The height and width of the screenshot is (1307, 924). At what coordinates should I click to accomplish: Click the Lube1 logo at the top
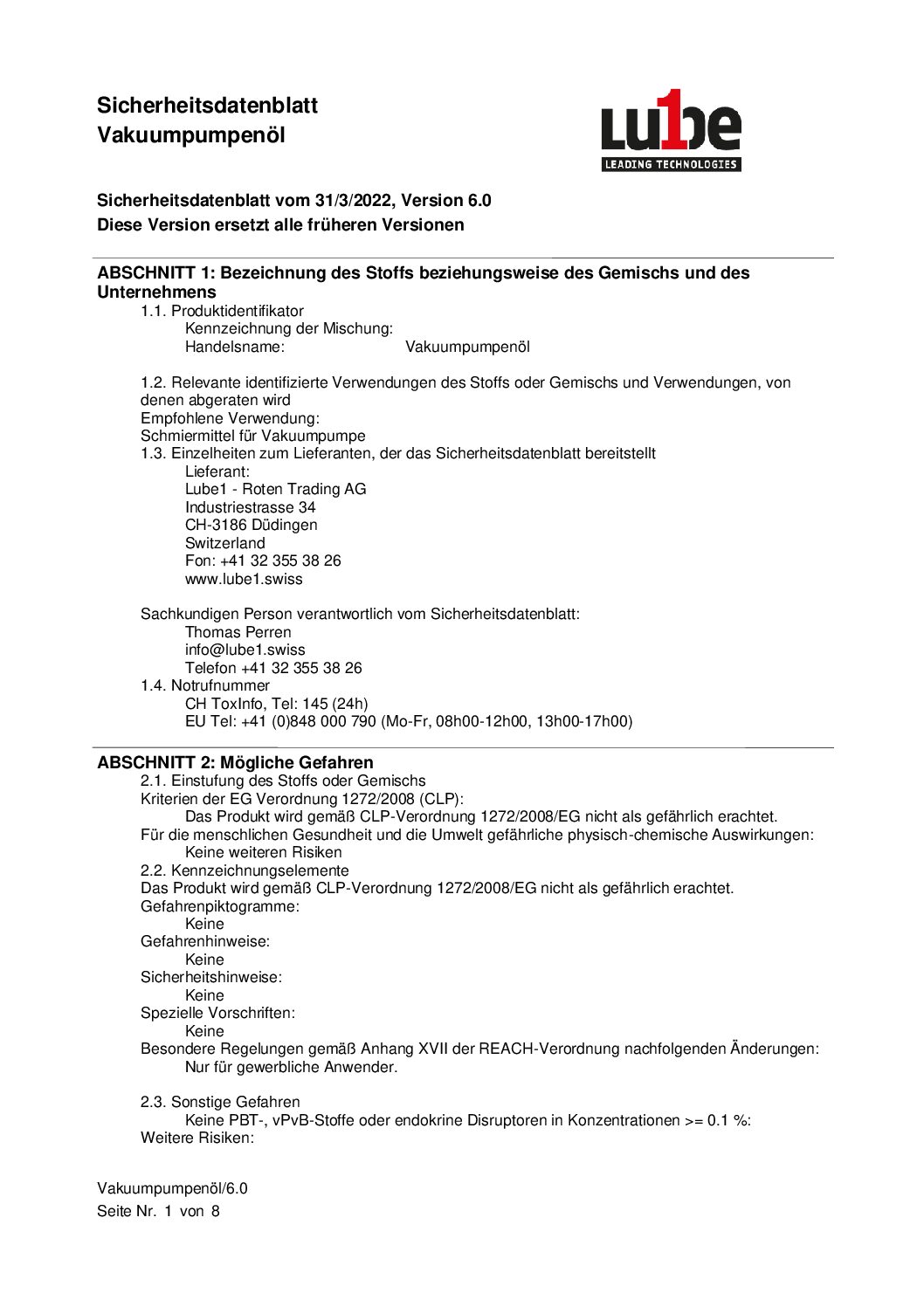[x=671, y=131]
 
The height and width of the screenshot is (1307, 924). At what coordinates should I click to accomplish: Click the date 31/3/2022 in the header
[x=354, y=201]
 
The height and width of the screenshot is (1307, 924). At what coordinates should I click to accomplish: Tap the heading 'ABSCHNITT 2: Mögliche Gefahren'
[x=235, y=762]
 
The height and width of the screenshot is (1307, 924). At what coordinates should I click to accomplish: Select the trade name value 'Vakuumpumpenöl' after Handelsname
[x=467, y=347]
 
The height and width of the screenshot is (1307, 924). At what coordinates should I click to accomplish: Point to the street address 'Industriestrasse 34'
[x=250, y=507]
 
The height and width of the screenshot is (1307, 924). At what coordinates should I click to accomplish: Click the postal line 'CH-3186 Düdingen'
[x=251, y=525]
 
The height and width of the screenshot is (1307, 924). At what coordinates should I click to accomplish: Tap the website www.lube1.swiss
[x=244, y=579]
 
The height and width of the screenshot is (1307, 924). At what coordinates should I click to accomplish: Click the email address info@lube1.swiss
[x=245, y=650]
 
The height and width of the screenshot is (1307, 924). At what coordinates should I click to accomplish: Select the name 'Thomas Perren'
[x=238, y=632]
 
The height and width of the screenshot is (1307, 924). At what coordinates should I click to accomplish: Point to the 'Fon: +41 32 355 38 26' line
[x=263, y=561]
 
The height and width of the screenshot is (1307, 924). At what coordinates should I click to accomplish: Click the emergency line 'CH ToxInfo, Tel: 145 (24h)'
[x=276, y=704]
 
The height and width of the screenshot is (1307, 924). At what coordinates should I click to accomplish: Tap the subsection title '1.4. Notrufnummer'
[x=205, y=685]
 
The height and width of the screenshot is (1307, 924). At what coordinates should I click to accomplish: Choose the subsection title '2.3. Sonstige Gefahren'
[x=220, y=1102]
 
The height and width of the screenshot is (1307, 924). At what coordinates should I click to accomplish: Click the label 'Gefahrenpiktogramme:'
[x=220, y=906]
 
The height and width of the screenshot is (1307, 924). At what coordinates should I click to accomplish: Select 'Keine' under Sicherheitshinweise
[x=204, y=995]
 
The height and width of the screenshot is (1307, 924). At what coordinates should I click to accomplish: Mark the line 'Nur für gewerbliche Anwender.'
[x=291, y=1067]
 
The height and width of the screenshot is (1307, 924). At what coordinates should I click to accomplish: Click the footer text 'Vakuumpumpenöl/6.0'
[x=172, y=1188]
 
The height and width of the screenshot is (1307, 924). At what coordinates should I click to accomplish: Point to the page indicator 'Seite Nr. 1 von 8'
[x=158, y=1211]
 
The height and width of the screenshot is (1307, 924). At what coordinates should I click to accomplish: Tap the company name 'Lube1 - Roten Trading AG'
[x=275, y=489]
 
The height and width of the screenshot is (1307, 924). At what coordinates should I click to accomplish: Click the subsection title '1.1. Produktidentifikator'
[x=222, y=311]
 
